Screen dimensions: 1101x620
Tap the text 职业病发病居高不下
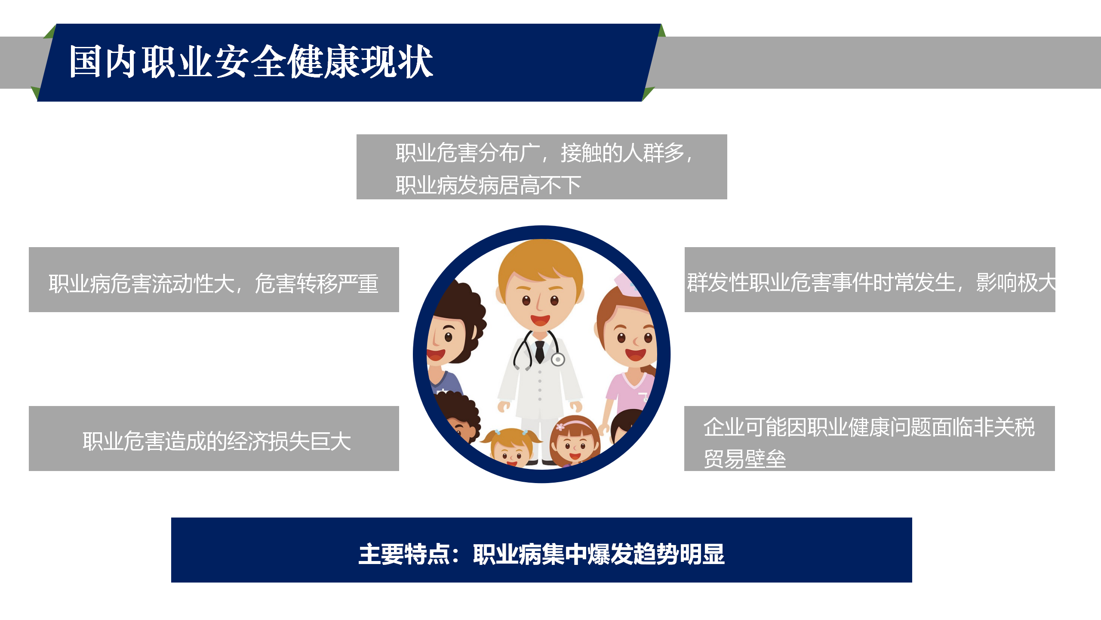click(x=489, y=186)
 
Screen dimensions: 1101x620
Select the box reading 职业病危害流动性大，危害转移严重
click(x=214, y=279)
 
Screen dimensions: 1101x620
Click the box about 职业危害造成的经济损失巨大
click(x=214, y=438)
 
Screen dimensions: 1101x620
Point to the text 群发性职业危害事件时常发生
click(x=821, y=282)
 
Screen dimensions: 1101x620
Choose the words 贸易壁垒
click(x=745, y=459)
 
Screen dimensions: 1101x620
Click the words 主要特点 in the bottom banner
click(x=404, y=554)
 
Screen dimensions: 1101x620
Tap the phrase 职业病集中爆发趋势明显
click(x=599, y=554)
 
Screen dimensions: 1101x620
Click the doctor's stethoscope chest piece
click(x=558, y=359)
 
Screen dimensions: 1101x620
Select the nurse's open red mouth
click(x=636, y=354)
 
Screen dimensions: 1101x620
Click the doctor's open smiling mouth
click(x=540, y=320)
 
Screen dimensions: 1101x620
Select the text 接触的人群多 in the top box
click(x=622, y=153)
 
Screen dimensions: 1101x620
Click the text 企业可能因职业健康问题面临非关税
click(x=869, y=428)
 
